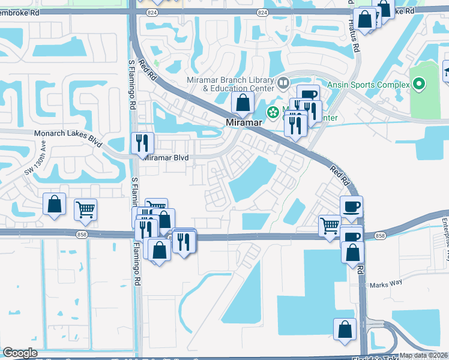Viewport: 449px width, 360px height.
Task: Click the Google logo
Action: point(20,353)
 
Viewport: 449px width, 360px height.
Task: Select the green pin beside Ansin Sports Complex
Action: point(419,85)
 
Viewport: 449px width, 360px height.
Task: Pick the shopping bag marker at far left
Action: point(55,203)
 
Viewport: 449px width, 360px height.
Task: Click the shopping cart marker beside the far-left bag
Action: point(86,209)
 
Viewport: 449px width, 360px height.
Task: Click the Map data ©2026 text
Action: point(423,355)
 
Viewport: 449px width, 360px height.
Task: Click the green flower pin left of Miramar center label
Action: point(273,112)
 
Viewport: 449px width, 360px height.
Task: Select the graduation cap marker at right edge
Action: point(446,73)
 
